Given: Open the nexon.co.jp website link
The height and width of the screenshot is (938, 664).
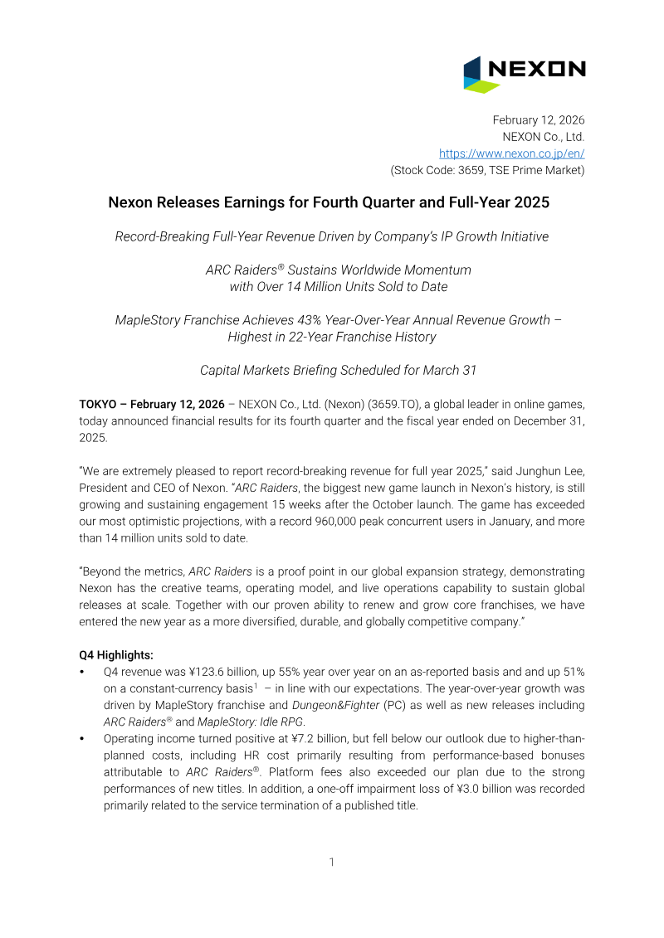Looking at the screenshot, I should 511,153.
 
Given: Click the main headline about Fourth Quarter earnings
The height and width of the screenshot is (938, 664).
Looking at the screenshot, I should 330,202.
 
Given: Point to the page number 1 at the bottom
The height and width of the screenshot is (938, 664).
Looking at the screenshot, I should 332,862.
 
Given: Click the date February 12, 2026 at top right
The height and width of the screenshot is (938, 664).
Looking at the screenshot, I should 539,120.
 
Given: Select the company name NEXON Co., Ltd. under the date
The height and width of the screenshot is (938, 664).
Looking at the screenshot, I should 543,137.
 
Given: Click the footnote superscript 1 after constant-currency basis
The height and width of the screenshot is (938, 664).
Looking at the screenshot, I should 255,686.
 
